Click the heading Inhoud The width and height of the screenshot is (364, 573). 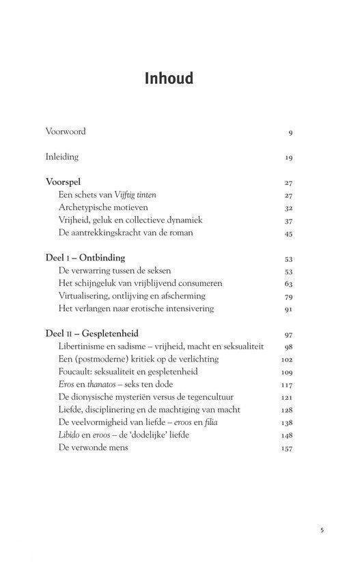(169, 79)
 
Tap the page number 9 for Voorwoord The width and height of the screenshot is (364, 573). (290, 132)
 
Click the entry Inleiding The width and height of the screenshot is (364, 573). (62, 157)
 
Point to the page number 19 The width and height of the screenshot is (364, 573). (289, 158)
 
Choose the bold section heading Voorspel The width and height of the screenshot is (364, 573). (66, 183)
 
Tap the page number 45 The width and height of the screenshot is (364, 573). (288, 233)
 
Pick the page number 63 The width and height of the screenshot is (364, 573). (288, 284)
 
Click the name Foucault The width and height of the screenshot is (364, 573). (77, 372)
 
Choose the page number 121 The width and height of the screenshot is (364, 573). (287, 398)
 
